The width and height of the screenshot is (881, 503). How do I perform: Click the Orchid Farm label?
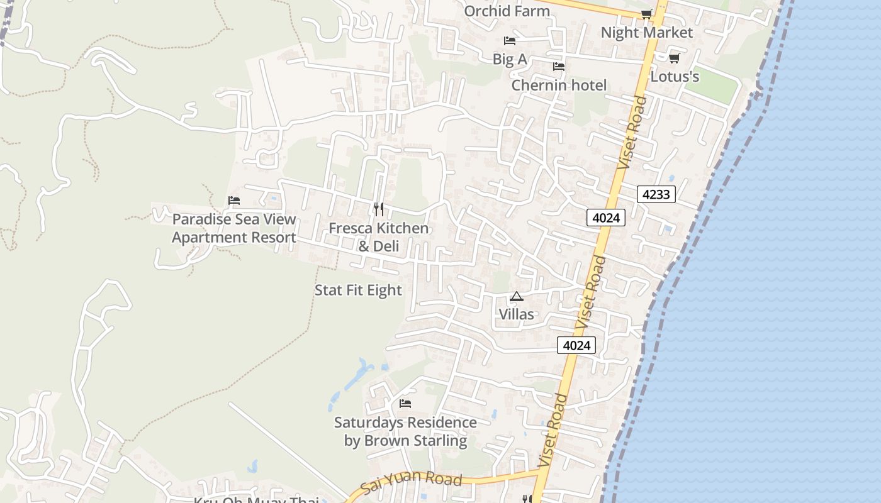(x=507, y=11)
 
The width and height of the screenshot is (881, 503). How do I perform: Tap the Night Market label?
(x=646, y=32)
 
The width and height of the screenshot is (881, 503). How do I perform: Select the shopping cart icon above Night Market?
(x=646, y=14)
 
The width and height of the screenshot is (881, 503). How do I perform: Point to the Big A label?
(x=510, y=59)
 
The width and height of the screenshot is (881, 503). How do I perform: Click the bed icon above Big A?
(x=510, y=41)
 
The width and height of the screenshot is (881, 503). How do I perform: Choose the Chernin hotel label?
(x=559, y=85)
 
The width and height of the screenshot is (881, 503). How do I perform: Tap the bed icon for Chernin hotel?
(x=559, y=67)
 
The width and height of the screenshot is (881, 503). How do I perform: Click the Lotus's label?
(x=675, y=77)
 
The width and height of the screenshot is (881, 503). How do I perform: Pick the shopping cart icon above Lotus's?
(x=674, y=58)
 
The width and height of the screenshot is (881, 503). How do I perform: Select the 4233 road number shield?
(x=656, y=194)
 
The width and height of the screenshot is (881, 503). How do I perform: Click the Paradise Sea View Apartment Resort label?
(x=234, y=228)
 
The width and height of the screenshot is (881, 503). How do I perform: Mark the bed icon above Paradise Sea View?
(x=234, y=201)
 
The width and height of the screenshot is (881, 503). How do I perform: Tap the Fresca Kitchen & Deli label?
(x=379, y=237)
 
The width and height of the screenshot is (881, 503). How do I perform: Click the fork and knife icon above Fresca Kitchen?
(x=379, y=209)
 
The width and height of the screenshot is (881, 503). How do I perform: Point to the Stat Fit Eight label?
(x=358, y=290)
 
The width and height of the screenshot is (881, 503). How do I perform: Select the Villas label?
(x=516, y=314)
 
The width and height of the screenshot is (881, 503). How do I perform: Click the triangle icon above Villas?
(x=517, y=296)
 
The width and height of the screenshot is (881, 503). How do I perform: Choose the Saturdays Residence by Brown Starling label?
(x=405, y=431)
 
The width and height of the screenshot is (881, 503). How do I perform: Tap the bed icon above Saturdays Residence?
(x=405, y=403)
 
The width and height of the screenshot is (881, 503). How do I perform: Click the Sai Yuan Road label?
(x=412, y=483)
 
